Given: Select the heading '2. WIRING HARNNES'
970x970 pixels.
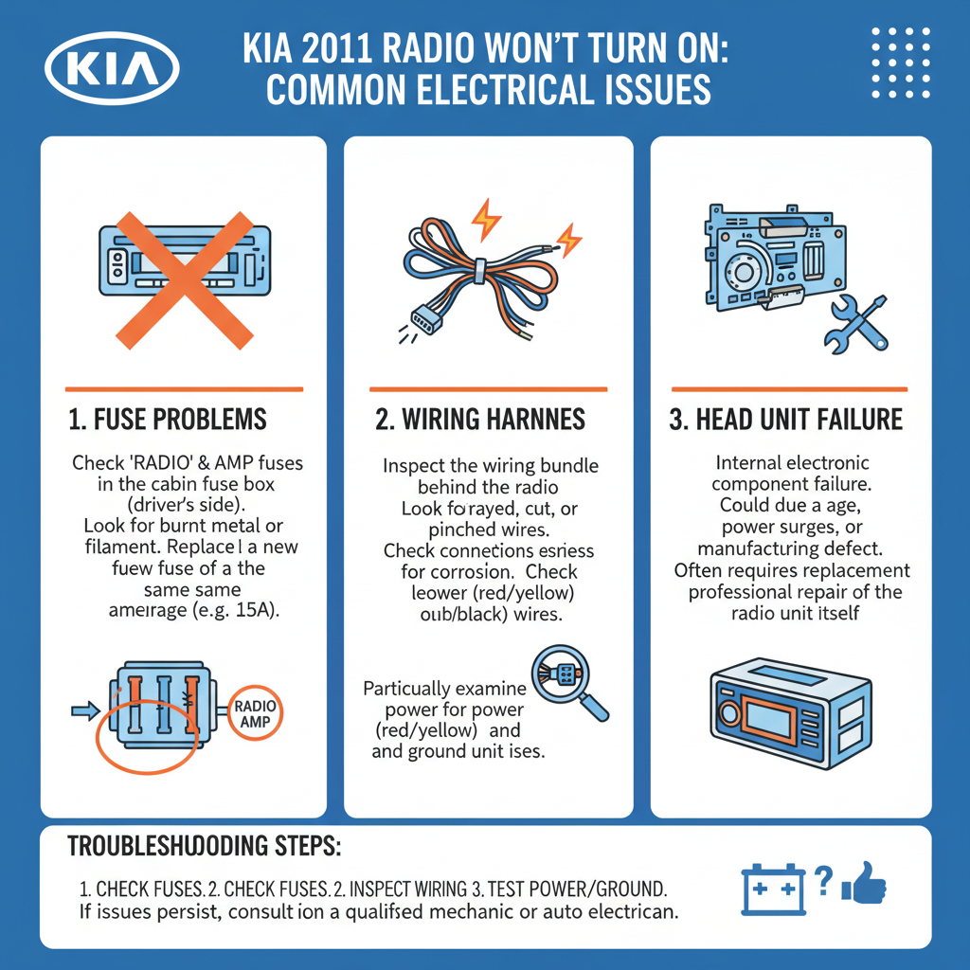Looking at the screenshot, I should [x=480, y=420].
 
